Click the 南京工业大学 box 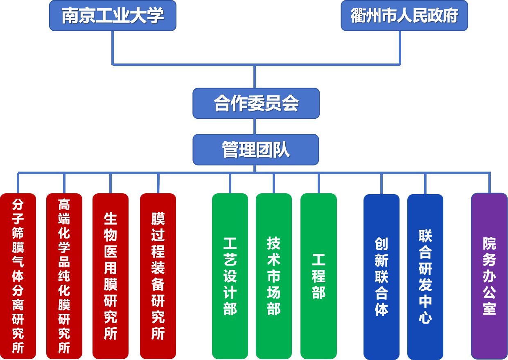click(113, 16)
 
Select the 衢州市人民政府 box click(404, 16)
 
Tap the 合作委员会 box click(256, 104)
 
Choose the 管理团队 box click(256, 149)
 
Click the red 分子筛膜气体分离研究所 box click(18, 276)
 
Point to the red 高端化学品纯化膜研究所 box click(64, 276)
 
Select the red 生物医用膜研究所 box click(111, 276)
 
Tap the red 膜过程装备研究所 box click(158, 276)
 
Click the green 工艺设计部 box click(230, 276)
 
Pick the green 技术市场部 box click(274, 276)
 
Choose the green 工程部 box click(318, 276)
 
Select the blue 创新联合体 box click(382, 276)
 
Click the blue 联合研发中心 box click(425, 276)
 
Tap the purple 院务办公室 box click(489, 276)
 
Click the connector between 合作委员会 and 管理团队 click(255, 127)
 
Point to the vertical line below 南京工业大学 click(113, 47)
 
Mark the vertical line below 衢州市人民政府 click(400, 47)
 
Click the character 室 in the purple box click(489, 308)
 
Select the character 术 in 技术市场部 click(274, 260)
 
